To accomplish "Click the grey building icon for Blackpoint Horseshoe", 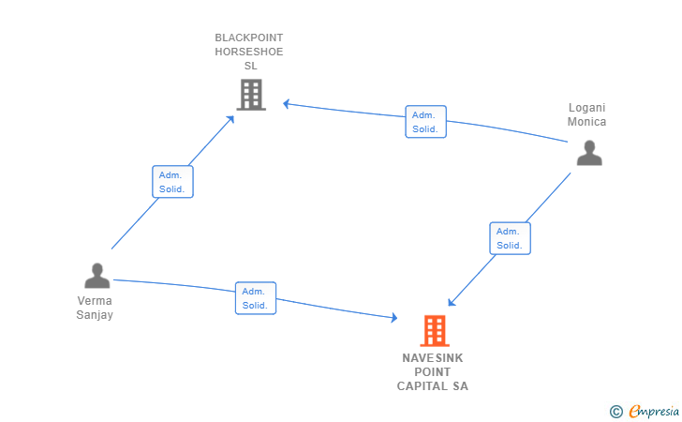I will pos(251,95).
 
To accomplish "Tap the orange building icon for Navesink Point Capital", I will pos(434,331).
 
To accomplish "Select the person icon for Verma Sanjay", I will pos(97,276).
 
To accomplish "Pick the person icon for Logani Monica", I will pos(589,153).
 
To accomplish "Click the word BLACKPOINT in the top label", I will pos(249,38).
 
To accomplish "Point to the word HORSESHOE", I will pos(249,53).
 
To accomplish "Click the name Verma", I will pos(95,301).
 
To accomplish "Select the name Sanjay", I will pos(95,315).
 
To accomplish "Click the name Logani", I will pos(587,108).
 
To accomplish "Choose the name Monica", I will pos(587,122).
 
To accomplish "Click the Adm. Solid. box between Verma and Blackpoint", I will pos(172,182).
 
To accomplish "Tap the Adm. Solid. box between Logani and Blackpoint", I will pos(425,122).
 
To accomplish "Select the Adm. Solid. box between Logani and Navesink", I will pos(510,238).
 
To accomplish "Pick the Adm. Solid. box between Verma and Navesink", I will pos(255,298).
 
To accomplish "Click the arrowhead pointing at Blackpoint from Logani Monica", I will pos(288,103).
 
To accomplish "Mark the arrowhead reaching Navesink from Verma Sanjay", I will pos(393,319).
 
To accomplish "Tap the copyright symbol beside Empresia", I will pos(615,411).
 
